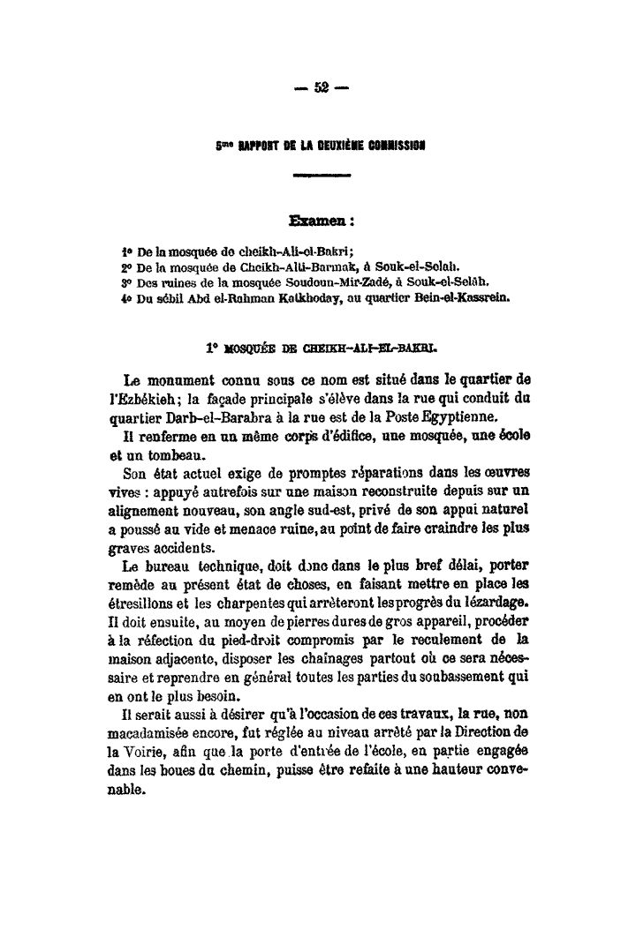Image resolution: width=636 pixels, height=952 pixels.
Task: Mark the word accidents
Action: [x=150, y=553]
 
